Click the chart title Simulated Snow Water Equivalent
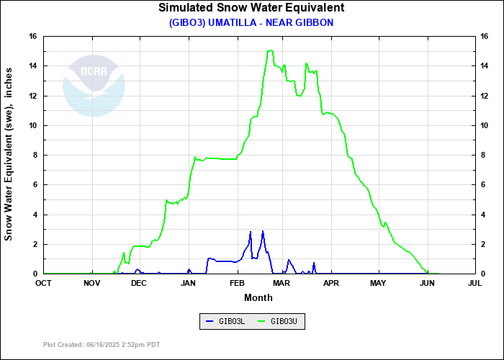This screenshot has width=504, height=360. (x=251, y=8)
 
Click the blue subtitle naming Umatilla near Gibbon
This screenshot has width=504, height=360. (x=251, y=22)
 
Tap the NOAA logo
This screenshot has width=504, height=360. (x=94, y=84)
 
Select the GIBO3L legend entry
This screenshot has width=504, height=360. (x=226, y=321)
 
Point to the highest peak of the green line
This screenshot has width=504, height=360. (x=270, y=50)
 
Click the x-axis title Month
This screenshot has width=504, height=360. (x=258, y=297)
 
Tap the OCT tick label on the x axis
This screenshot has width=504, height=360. (x=44, y=284)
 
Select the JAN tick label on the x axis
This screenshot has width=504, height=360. (x=188, y=284)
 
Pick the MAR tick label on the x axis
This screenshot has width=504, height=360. (x=283, y=284)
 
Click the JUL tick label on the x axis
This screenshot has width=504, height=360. (x=474, y=284)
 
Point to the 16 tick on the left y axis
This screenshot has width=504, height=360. (x=33, y=36)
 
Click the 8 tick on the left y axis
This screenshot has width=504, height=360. (x=35, y=155)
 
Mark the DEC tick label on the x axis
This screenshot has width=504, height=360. (x=139, y=284)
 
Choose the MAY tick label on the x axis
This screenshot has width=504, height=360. (x=379, y=284)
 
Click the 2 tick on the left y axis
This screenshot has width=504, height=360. (x=35, y=244)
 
